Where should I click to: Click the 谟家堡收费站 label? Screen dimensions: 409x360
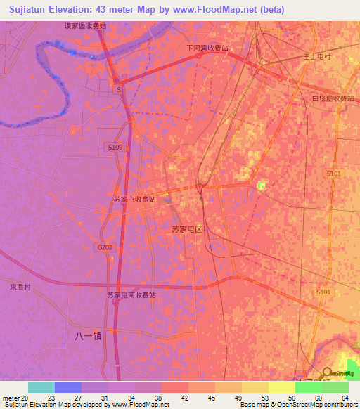pyautogui.click(x=86, y=25)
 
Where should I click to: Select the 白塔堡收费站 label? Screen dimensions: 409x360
pyautogui.click(x=333, y=98)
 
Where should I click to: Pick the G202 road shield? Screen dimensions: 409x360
pyautogui.click(x=104, y=247)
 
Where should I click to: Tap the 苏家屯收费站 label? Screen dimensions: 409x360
pyautogui.click(x=134, y=199)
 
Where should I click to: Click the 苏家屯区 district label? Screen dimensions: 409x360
pyautogui.click(x=187, y=229)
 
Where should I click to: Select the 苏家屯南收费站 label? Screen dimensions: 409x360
pyautogui.click(x=131, y=295)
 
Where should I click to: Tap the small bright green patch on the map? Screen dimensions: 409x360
pyautogui.click(x=261, y=186)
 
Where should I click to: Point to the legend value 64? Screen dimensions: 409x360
pyautogui.click(x=344, y=398)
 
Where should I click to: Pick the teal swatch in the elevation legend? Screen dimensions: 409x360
pyautogui.click(x=41, y=387)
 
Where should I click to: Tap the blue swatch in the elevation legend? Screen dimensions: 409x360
pyautogui.click(x=68, y=387)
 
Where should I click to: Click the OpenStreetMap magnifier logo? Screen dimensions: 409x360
pyautogui.click(x=327, y=373)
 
